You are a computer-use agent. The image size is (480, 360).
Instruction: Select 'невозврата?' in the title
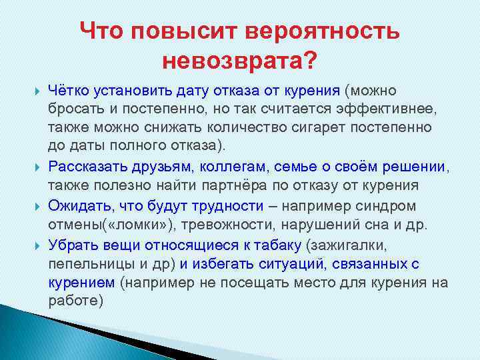pos(239,61)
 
